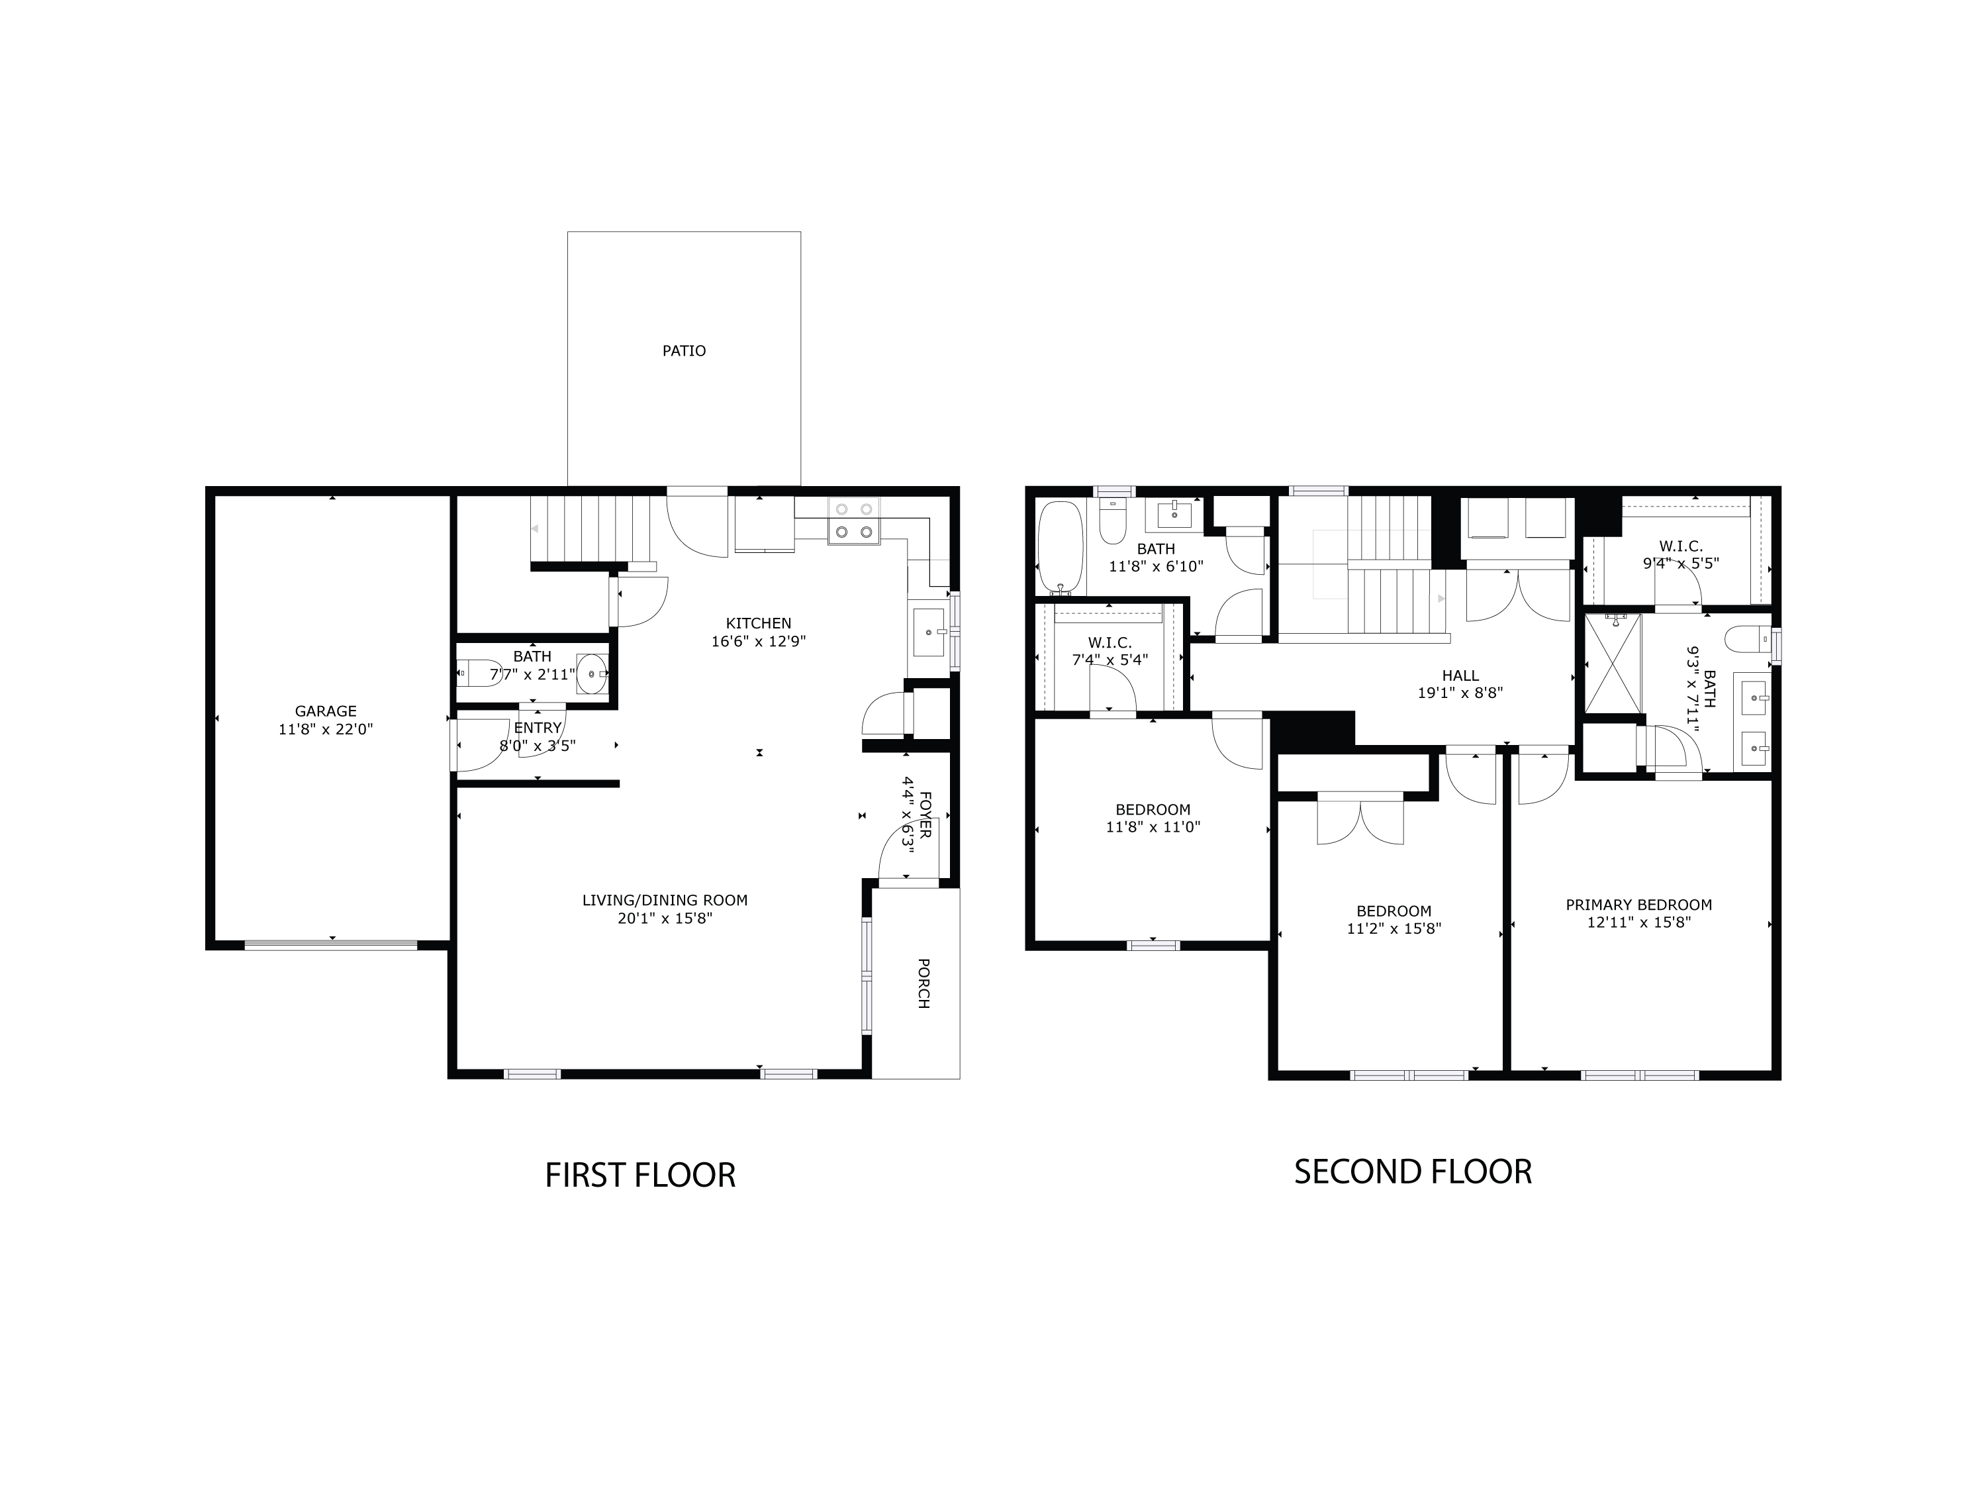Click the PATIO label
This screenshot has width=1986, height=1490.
click(x=683, y=351)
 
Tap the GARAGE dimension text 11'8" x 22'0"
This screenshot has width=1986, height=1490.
click(x=325, y=729)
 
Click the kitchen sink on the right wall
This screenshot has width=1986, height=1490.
click(x=928, y=632)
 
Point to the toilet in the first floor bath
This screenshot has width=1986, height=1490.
click(x=479, y=673)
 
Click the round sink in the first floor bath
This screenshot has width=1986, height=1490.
click(x=591, y=673)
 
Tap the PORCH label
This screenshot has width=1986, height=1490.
click(x=923, y=983)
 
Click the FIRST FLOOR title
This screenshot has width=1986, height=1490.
click(x=639, y=1175)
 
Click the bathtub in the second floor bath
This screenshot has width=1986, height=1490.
click(x=1061, y=548)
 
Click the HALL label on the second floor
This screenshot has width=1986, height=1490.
click(x=1460, y=675)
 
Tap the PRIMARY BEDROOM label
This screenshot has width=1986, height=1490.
click(x=1638, y=905)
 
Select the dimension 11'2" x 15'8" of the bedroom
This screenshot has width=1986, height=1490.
click(x=1394, y=928)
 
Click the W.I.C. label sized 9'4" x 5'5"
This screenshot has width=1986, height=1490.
click(x=1681, y=546)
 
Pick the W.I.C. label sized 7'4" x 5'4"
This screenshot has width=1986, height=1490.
click(x=1110, y=643)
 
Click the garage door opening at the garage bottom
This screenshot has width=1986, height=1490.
click(x=330, y=945)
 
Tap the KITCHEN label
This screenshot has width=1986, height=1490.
click(x=759, y=623)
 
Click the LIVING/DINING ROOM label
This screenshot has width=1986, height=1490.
click(x=665, y=900)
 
